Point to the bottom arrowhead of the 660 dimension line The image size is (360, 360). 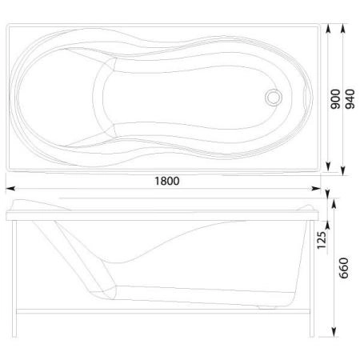tap(332, 330)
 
